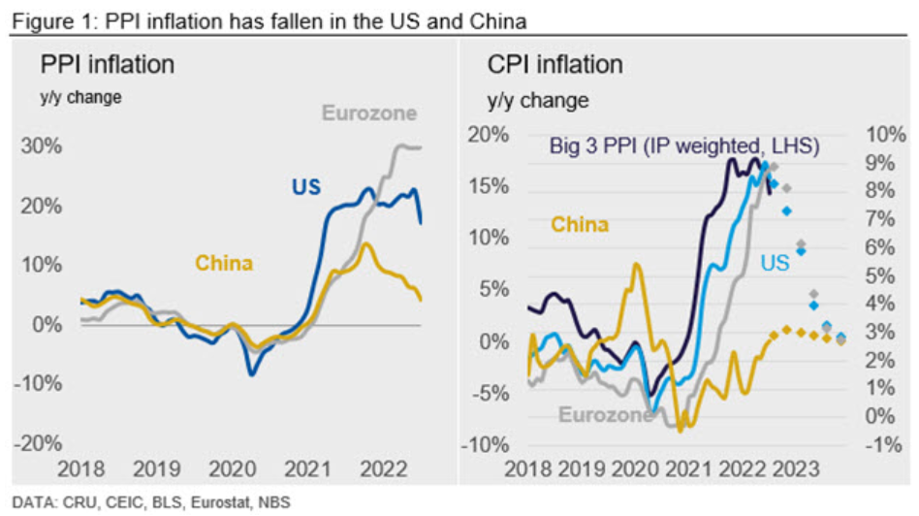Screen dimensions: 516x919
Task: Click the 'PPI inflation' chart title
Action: coord(107,65)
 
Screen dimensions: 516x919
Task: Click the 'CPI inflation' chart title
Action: coord(555,65)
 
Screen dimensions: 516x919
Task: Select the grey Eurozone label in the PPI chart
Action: coord(368,113)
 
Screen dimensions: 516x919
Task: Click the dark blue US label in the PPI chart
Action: coord(305,186)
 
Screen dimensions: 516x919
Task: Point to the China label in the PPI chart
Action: coord(224,263)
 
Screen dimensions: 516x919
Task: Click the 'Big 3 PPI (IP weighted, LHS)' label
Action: coord(685,146)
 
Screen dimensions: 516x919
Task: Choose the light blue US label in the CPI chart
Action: coord(774,263)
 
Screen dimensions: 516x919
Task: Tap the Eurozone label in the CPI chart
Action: coord(604,415)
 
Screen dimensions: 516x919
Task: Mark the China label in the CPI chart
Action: coord(580,225)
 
